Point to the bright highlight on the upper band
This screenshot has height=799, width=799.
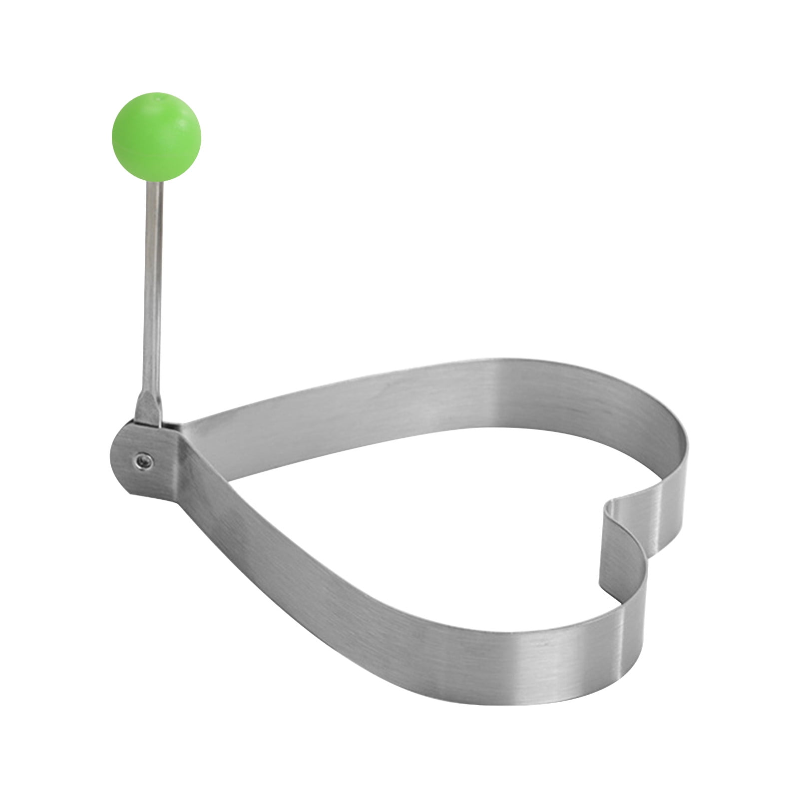click(504, 395)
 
